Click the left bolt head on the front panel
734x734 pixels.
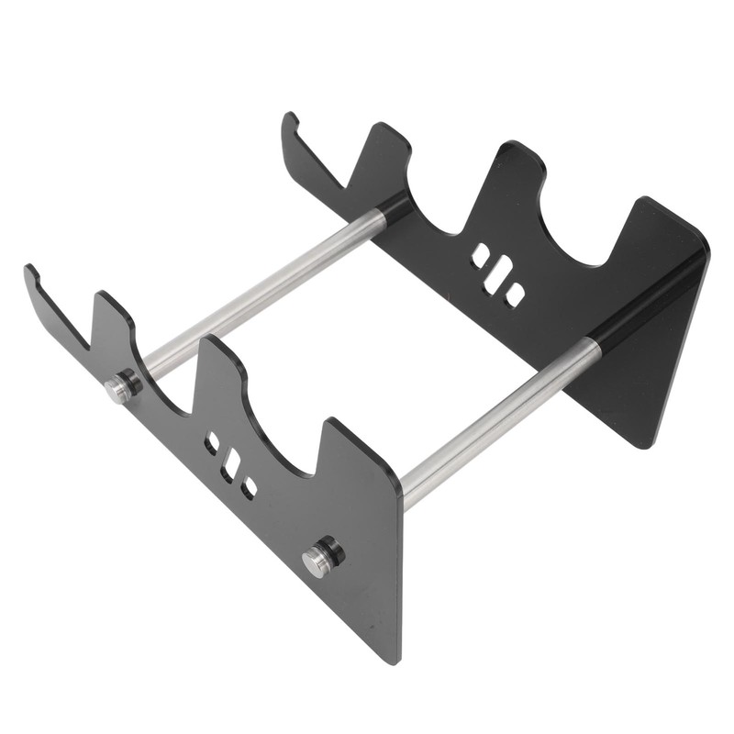pyautogui.click(x=117, y=389)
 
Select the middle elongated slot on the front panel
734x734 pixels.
pyautogui.click(x=231, y=464)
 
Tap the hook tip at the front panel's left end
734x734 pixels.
pyautogui.click(x=30, y=271)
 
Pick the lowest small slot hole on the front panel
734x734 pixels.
pyautogui.click(x=249, y=488)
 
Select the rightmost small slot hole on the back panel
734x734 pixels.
pyautogui.click(x=516, y=295)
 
